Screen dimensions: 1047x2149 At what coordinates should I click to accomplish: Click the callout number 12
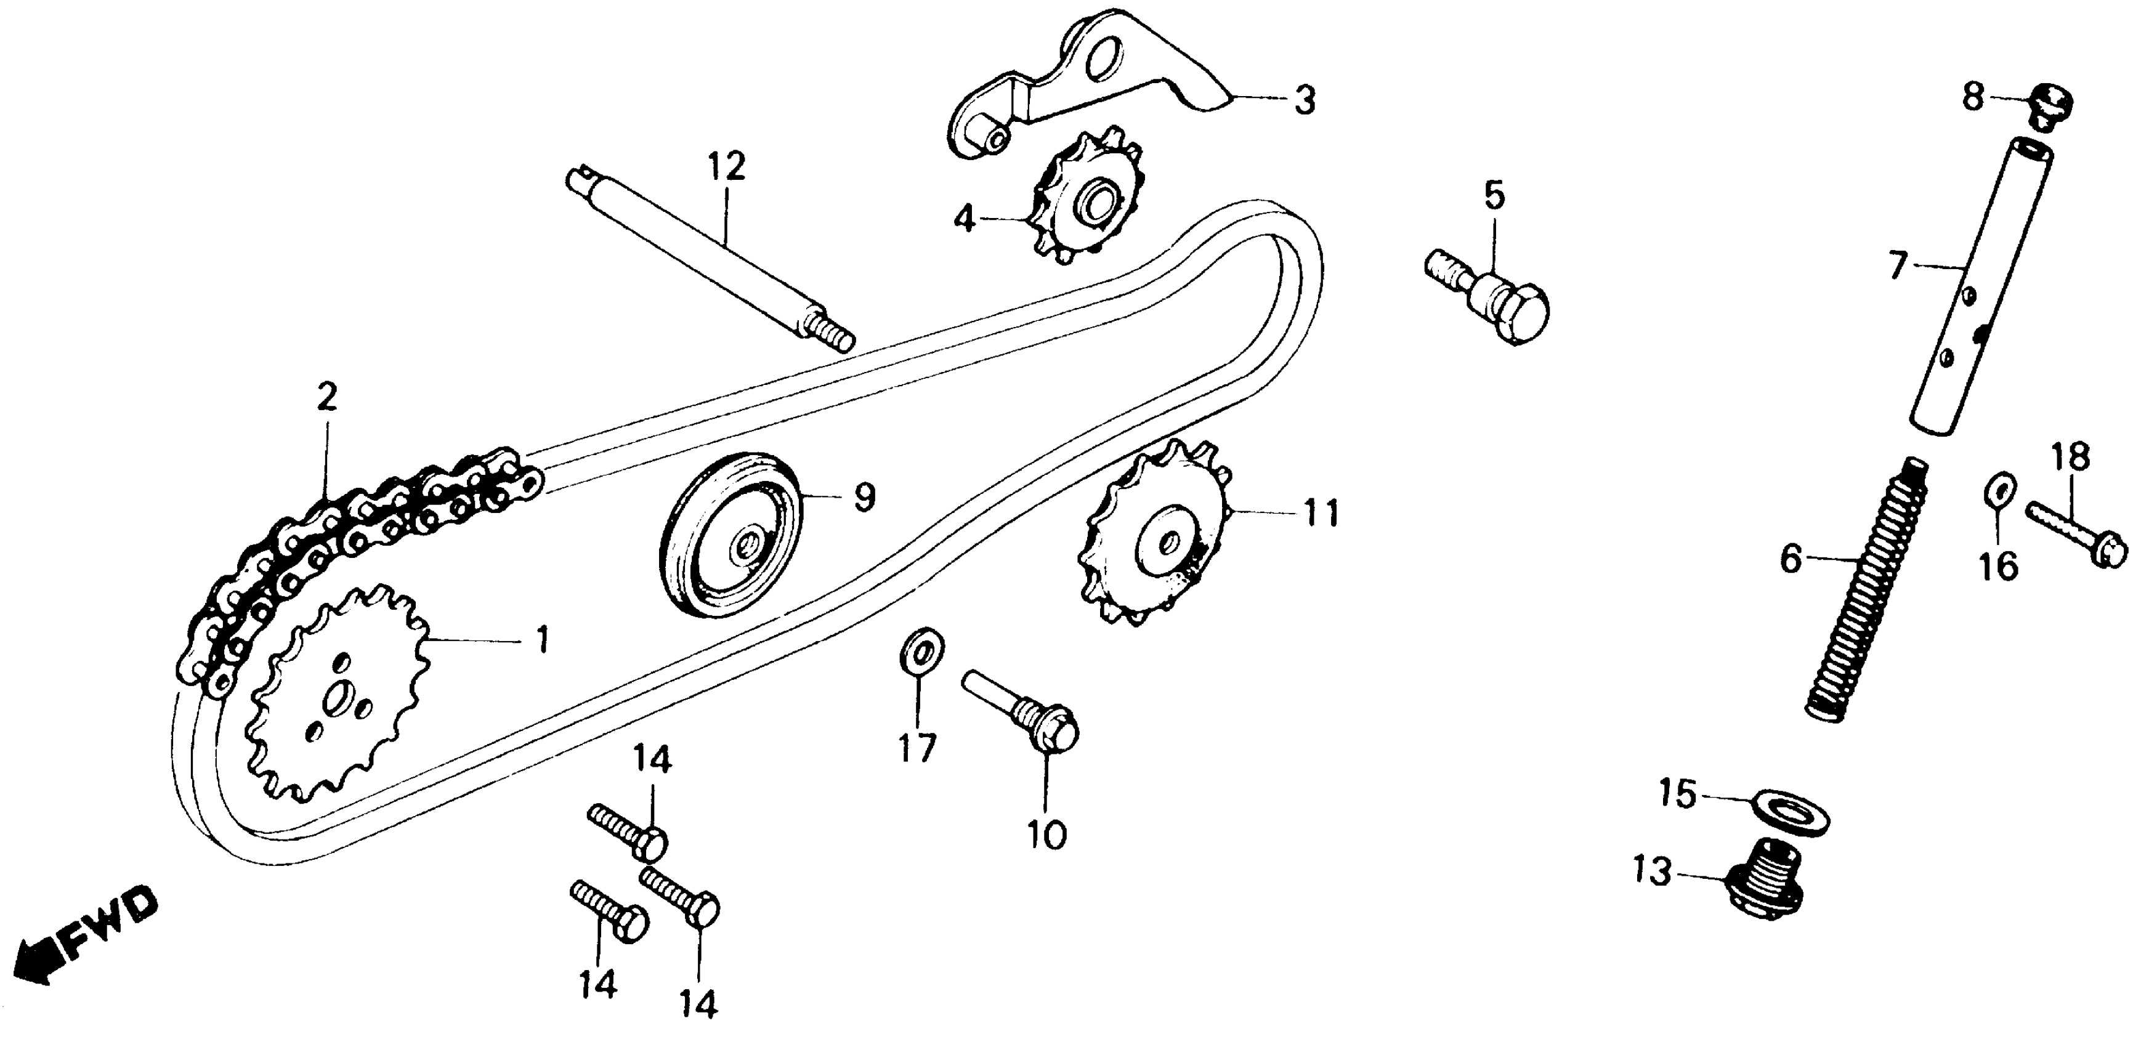click(726, 167)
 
